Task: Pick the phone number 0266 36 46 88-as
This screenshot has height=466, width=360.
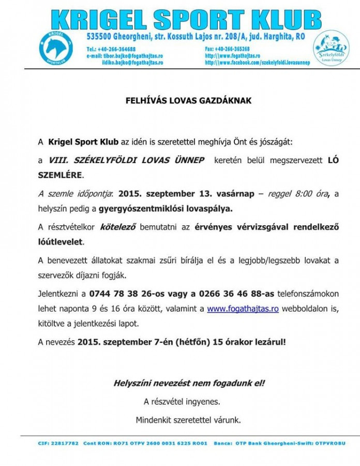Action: (233, 294)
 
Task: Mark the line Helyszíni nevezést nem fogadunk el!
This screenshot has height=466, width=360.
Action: (189, 384)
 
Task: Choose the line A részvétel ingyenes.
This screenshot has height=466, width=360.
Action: (182, 401)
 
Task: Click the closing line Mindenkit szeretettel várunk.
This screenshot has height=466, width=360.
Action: (188, 419)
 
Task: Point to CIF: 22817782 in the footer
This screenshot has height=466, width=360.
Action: (58, 443)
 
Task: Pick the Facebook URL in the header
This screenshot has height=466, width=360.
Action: (251, 62)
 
